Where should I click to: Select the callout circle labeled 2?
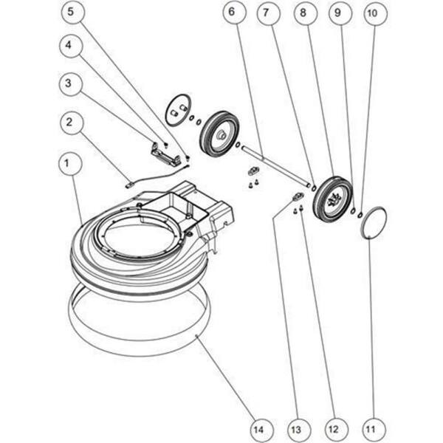pyautogui.click(x=71, y=123)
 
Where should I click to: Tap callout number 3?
pyautogui.click(x=71, y=84)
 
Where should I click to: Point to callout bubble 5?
pyautogui.click(x=71, y=13)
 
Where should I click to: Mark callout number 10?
pyautogui.click(x=374, y=13)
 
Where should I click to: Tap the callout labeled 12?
pyautogui.click(x=333, y=427)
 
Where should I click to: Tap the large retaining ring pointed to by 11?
pyautogui.click(x=374, y=222)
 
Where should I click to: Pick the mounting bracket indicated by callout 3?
pyautogui.click(x=165, y=155)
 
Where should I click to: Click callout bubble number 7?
pyautogui.click(x=267, y=13)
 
